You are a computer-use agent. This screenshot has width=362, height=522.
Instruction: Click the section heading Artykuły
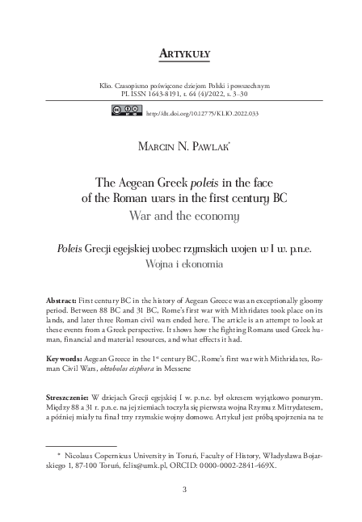[x=180, y=54]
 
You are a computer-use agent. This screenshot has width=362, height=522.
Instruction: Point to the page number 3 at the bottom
[x=183, y=488]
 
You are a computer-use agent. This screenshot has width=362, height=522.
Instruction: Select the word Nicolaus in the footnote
[x=84, y=456]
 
